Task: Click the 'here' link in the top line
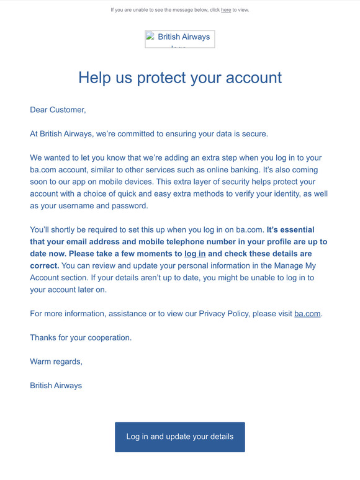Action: pos(226,10)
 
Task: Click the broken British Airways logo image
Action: pos(179,39)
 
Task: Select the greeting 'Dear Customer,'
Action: pos(58,110)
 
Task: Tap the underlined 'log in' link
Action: pos(195,254)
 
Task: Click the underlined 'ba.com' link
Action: pos(307,314)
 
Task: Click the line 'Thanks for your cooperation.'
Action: pos(81,338)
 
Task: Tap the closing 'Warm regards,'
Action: pos(56,362)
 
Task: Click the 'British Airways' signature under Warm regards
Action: pos(56,386)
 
